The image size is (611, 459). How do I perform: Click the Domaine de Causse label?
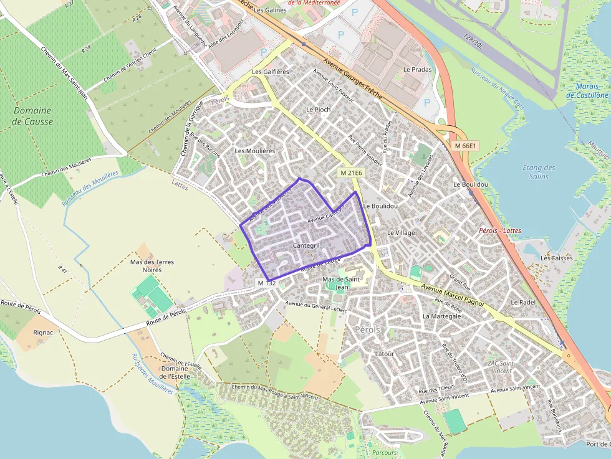coord(33,116)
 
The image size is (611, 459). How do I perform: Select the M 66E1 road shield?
coord(465,146)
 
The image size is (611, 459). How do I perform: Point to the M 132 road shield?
coord(266,283)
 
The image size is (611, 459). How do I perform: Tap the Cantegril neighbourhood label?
coord(305,246)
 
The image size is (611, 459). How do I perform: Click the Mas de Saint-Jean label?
coord(341,283)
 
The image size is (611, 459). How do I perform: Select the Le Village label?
coord(401,233)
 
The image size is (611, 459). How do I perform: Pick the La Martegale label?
coord(441,316)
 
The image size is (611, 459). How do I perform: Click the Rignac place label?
coord(43,333)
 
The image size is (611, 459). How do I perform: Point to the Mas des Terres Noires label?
coord(152,266)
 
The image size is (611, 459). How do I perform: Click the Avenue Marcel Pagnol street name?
coord(453,292)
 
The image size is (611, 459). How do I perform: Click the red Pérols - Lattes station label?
coord(499,230)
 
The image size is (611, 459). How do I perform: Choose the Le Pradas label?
coord(417,70)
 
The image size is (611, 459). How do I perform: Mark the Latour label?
coord(384,354)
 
